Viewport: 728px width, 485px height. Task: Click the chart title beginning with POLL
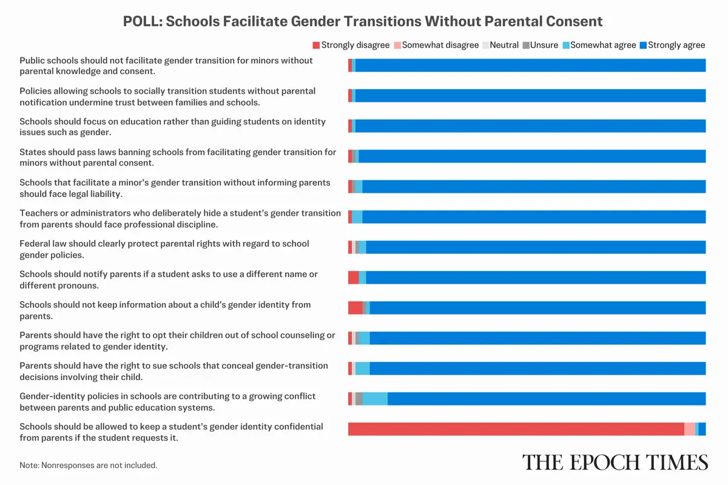(363, 21)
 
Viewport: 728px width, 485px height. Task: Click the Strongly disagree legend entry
(352, 45)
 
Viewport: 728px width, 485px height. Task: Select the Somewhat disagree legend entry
(436, 45)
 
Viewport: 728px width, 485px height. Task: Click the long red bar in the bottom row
(516, 429)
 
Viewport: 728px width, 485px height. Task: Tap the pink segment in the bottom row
(689, 429)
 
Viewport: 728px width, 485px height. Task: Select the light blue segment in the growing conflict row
(375, 399)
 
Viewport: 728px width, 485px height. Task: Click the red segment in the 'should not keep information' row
(355, 308)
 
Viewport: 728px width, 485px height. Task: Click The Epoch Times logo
(615, 462)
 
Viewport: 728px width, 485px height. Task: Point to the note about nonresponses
(89, 466)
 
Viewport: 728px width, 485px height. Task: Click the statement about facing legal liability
(175, 188)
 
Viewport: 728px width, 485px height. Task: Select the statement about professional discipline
(180, 218)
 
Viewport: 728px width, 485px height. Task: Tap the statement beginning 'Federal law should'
(164, 249)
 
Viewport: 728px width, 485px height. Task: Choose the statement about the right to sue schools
(174, 371)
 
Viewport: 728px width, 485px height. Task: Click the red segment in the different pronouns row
(353, 278)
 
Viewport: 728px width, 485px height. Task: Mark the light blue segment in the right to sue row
(362, 369)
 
